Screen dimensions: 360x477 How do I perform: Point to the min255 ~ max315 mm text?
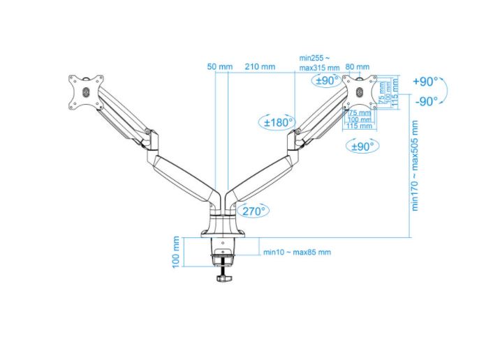pyautogui.click(x=319, y=63)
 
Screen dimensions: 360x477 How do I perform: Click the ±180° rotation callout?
pyautogui.click(x=277, y=122)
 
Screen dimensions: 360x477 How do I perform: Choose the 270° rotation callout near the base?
pyautogui.click(x=252, y=210)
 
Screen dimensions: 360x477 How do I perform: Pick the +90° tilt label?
pyautogui.click(x=425, y=82)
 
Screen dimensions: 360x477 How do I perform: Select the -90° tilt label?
pyautogui.click(x=425, y=100)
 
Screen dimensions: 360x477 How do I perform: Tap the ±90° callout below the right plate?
pyautogui.click(x=361, y=146)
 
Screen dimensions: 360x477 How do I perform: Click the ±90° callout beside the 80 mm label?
pyautogui.click(x=326, y=80)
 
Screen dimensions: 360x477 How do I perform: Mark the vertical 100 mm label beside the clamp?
pyautogui.click(x=176, y=251)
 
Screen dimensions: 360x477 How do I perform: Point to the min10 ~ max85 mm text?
pyautogui.click(x=297, y=252)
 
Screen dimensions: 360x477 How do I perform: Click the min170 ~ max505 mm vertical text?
pyautogui.click(x=415, y=165)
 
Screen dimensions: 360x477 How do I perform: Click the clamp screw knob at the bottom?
pyautogui.click(x=223, y=278)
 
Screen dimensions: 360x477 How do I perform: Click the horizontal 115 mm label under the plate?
pyautogui.click(x=359, y=126)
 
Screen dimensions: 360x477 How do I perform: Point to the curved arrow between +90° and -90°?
pyautogui.click(x=448, y=91)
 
